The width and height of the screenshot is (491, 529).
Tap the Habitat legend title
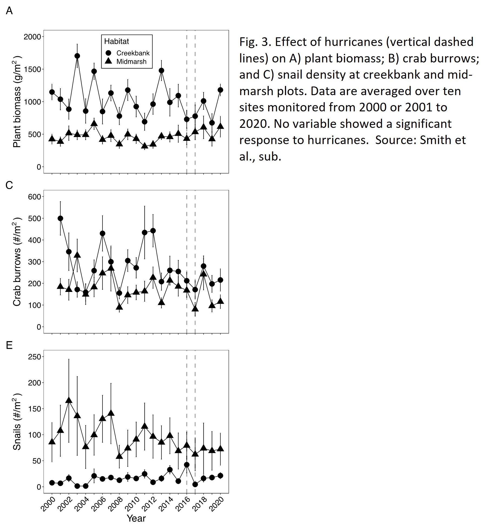[x=117, y=41]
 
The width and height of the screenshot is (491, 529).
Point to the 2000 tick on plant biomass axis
[x=32, y=37]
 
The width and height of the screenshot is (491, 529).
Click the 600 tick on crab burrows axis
[x=34, y=197]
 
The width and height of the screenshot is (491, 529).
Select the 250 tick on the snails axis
[x=34, y=357]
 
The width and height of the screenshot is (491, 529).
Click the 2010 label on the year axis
[x=132, y=504]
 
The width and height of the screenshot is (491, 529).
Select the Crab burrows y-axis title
[x=17, y=261]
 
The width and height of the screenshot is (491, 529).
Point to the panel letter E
[x=9, y=345]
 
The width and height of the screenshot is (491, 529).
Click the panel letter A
[x=9, y=11]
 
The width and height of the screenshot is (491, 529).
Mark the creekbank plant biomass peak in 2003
[x=77, y=56]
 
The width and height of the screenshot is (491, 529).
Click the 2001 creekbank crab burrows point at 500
[x=60, y=218]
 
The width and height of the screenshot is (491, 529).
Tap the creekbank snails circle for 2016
[x=187, y=465]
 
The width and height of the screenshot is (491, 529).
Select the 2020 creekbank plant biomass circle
[x=220, y=90]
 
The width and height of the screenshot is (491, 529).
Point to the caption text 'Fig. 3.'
[x=255, y=42]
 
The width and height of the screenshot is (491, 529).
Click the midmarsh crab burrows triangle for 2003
[x=77, y=255]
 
